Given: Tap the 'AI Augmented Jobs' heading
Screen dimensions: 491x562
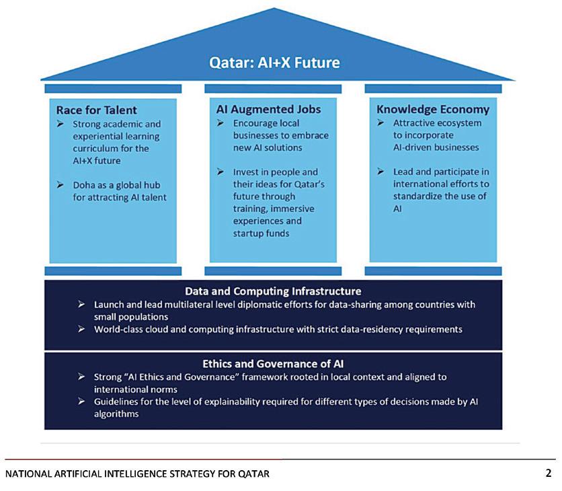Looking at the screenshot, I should pos(268,109).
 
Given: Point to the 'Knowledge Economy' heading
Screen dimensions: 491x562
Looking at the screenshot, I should pos(433,109).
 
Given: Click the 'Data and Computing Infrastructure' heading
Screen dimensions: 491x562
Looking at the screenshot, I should pos(273,291).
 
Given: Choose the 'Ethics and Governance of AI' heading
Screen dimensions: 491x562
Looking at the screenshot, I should pos(273,364).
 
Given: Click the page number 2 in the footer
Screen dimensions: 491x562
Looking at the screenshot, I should pos(549,473).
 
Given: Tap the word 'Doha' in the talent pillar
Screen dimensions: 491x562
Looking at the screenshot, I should pos(84,184).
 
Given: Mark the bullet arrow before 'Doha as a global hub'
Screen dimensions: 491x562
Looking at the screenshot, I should pos(60,184).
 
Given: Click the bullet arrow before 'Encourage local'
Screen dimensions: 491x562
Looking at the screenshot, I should pos(220,123).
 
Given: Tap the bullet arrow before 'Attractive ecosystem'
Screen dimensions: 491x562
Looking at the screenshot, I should pos(380,123).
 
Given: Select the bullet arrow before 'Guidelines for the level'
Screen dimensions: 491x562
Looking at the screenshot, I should pos(81,402).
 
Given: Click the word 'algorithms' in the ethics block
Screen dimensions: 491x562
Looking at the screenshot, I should pos(116,414).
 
